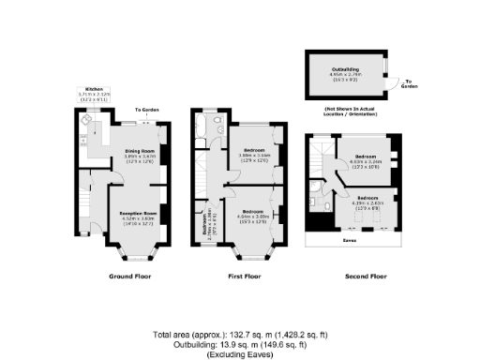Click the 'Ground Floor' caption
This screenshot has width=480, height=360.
click(x=129, y=277)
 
